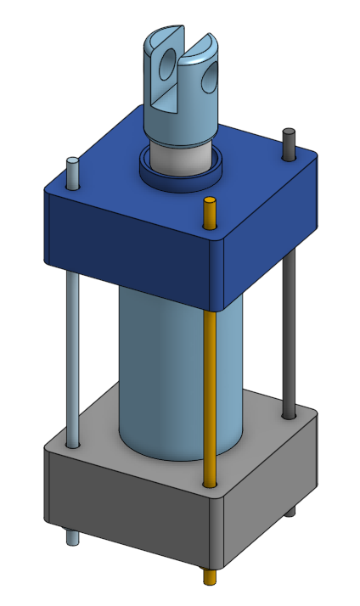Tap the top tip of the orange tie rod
[209, 202]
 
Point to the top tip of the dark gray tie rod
[289, 132]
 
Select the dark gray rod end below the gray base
[291, 510]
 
